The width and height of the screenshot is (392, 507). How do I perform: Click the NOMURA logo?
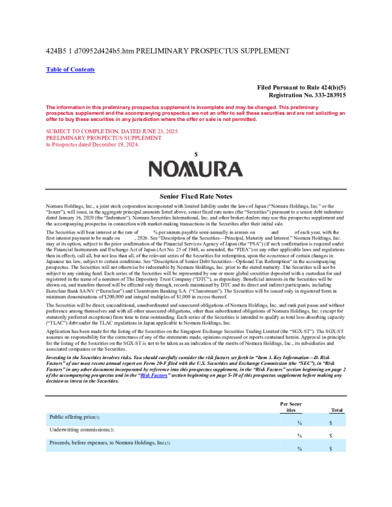[195, 168]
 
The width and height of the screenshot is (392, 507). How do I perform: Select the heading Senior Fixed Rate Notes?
[195, 196]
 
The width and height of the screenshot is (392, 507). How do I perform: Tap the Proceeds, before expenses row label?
[110, 443]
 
